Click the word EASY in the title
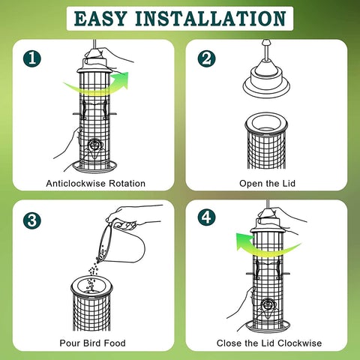click(x=100, y=19)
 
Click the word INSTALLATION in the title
click(x=211, y=19)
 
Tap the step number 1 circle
click(x=32, y=58)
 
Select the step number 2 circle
click(x=206, y=58)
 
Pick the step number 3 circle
click(x=32, y=220)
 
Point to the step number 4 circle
click(x=206, y=217)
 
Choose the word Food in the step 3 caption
click(x=115, y=343)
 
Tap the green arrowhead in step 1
click(x=121, y=79)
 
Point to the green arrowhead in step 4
click(x=244, y=241)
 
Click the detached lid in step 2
click(x=266, y=75)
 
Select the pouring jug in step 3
click(x=120, y=241)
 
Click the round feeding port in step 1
click(x=94, y=145)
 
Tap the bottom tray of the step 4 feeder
click(x=268, y=326)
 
